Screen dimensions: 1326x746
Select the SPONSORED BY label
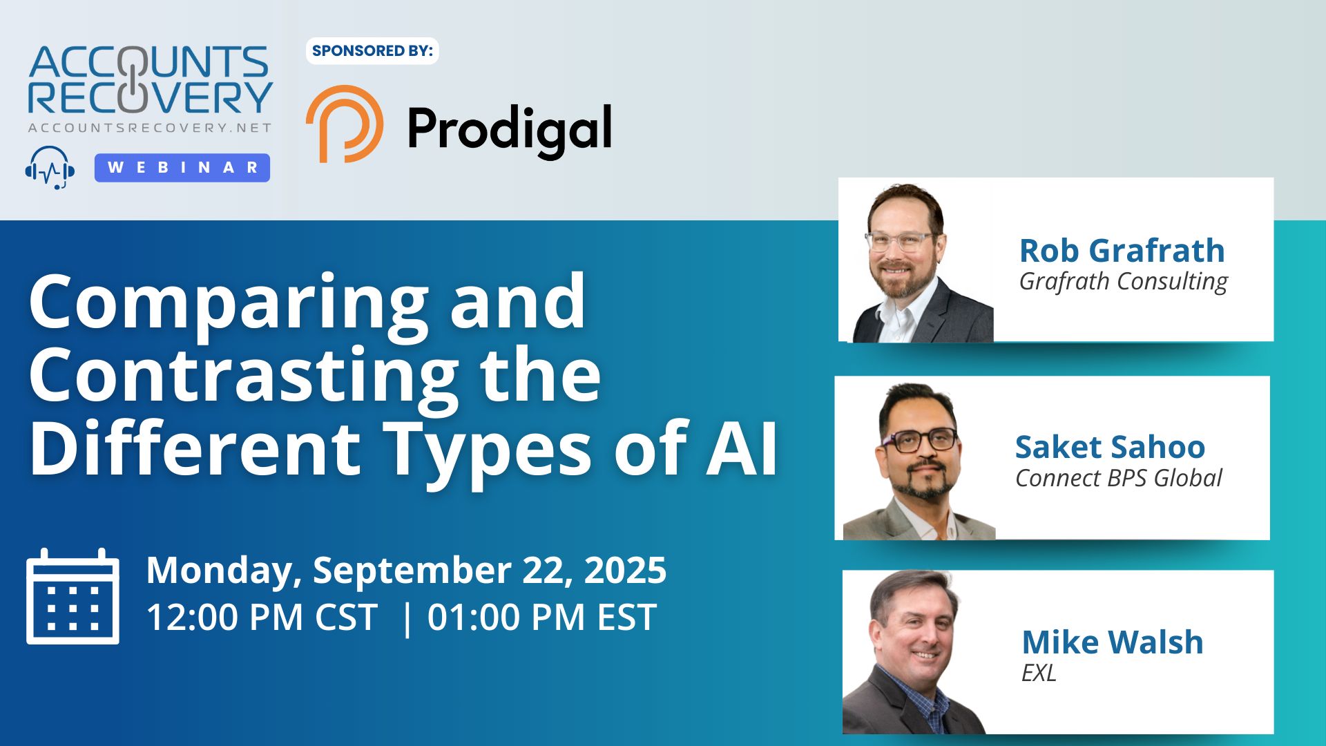pyautogui.click(x=372, y=50)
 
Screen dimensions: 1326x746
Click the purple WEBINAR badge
pyautogui.click(x=182, y=168)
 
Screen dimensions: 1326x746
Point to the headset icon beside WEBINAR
pyautogui.click(x=50, y=168)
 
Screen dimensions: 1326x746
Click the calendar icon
pyautogui.click(x=73, y=596)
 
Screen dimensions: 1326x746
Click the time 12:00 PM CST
pyautogui.click(x=262, y=617)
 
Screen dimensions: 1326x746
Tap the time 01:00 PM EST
pyautogui.click(x=541, y=617)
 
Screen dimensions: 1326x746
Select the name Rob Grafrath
pyautogui.click(x=1122, y=250)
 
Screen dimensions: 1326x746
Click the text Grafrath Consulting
pyautogui.click(x=1124, y=282)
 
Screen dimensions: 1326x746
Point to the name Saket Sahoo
pyautogui.click(x=1110, y=447)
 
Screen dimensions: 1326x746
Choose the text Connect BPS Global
pyautogui.click(x=1119, y=478)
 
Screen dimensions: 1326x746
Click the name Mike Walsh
pyautogui.click(x=1113, y=642)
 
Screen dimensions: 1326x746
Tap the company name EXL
pyautogui.click(x=1039, y=673)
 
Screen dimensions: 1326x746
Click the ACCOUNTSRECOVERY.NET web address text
pyautogui.click(x=150, y=128)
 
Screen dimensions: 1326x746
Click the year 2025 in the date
pyautogui.click(x=625, y=571)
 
